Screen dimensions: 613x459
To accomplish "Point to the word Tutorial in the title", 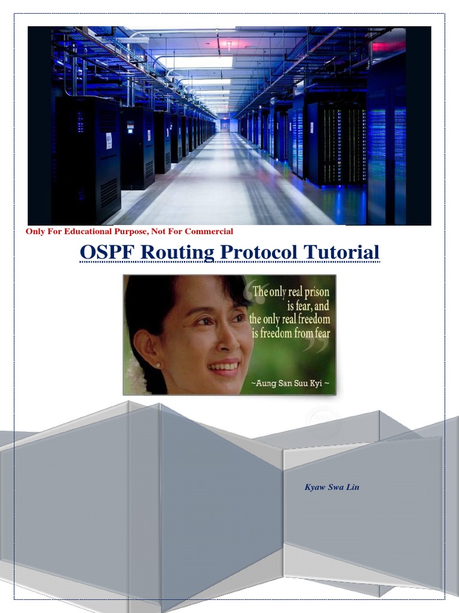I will click(341, 252).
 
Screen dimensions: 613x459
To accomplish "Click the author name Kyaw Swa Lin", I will click(332, 487).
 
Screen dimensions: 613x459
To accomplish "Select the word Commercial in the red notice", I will click(209, 231).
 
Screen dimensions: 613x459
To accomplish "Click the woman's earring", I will click(158, 365).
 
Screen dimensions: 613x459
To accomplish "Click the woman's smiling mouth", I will click(224, 366).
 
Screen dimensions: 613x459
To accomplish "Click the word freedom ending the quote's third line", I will click(311, 319).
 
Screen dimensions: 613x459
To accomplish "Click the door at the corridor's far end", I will click(225, 125).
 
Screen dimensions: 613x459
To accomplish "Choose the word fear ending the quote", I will click(320, 332).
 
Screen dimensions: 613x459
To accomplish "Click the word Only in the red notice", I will click(34, 231).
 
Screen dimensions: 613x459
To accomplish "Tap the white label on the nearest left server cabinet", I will click(109, 141).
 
